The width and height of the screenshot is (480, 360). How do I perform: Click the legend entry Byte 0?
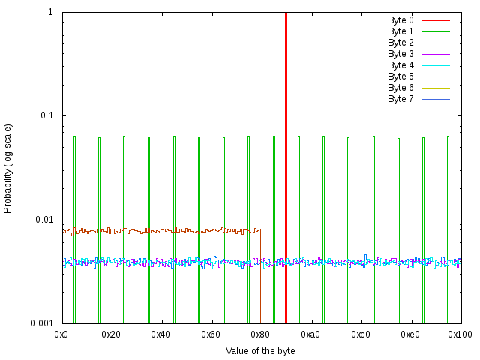click(400, 20)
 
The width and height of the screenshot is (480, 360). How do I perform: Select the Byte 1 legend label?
click(400, 31)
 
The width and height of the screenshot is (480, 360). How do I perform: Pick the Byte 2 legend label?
click(400, 43)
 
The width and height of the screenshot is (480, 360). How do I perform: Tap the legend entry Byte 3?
click(400, 54)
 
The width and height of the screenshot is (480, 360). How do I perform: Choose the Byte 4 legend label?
click(400, 65)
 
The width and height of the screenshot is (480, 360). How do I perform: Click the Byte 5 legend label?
click(400, 76)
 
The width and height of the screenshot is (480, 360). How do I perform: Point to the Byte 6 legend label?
click(400, 88)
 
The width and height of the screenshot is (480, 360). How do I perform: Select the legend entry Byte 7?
click(400, 99)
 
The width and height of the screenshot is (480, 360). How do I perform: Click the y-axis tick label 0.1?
click(46, 116)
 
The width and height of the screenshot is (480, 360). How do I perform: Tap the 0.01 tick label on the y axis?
click(43, 220)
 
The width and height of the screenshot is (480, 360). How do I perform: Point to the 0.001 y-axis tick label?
click(41, 323)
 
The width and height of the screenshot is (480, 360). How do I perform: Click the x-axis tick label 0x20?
click(112, 334)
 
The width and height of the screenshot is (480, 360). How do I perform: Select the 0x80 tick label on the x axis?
click(261, 334)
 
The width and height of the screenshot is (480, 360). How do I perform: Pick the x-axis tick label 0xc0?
click(361, 334)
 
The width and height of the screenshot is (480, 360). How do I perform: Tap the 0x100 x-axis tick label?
click(460, 334)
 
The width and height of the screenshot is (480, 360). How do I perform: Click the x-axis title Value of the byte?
click(260, 351)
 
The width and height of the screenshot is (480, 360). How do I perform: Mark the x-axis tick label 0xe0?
click(410, 334)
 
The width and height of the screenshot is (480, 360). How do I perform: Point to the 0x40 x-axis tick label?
click(161, 334)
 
